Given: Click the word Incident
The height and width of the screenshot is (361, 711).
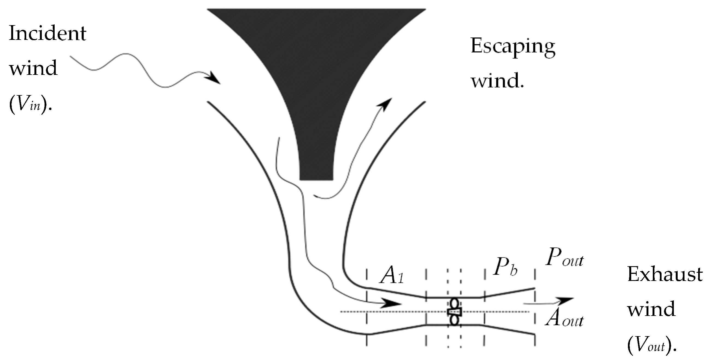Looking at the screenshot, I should pos(48,33).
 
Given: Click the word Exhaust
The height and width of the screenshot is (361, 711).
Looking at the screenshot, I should pos(665,275).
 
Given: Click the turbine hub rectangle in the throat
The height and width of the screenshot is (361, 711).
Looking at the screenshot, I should pos(454,312).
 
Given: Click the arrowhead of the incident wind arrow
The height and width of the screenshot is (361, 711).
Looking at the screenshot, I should pos(213,78).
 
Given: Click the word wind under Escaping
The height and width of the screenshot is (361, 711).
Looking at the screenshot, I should pos(497,81).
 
